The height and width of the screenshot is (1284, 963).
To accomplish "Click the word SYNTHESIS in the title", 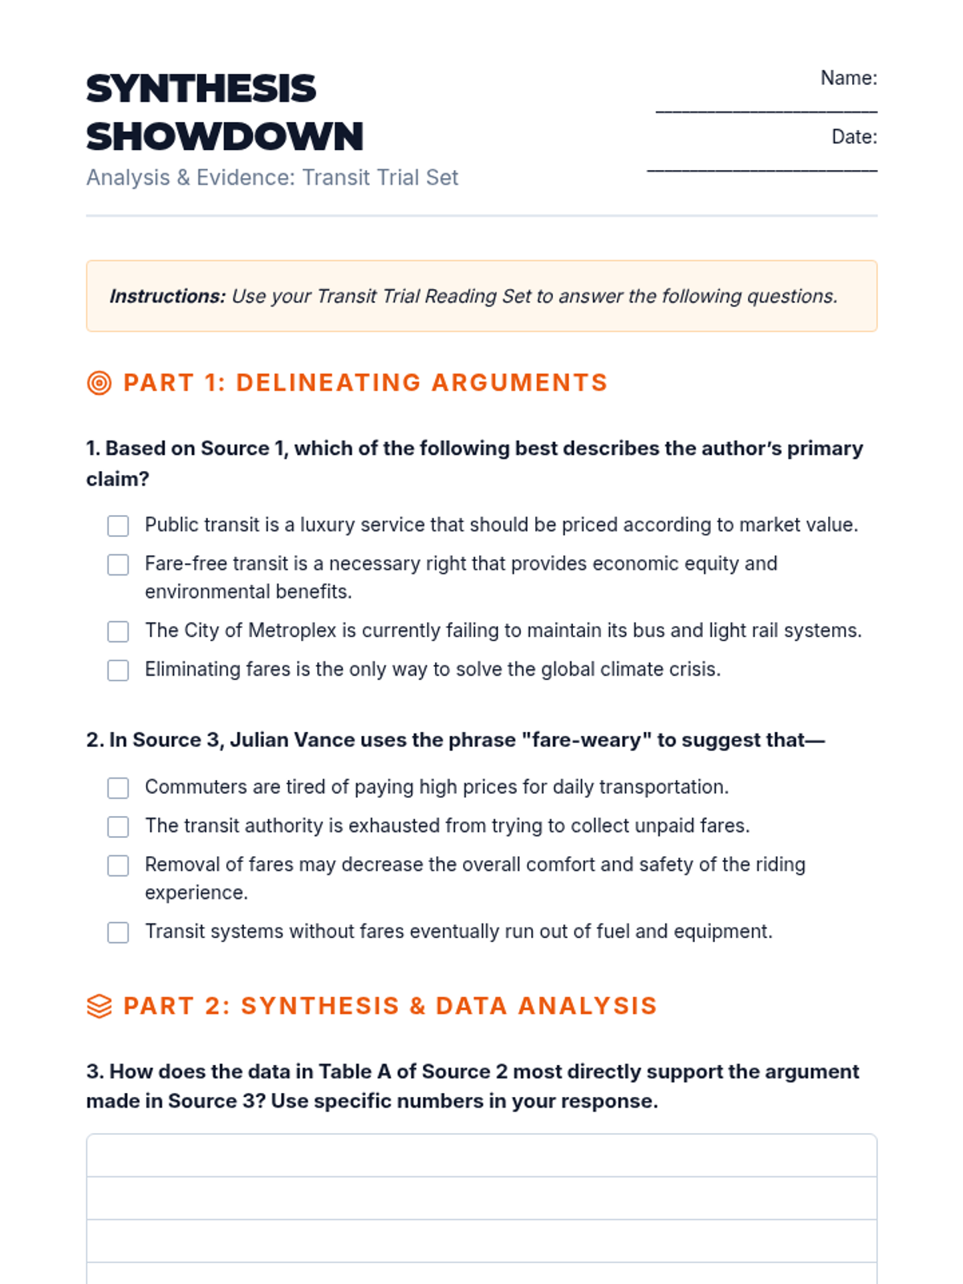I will [201, 88].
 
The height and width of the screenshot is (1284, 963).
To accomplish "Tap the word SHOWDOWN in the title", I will [225, 136].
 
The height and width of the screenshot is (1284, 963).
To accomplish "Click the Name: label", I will [848, 78].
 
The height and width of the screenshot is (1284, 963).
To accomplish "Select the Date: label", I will [854, 137].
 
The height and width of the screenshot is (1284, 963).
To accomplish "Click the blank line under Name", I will [766, 109].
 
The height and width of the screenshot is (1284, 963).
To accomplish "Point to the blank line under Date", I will [762, 169].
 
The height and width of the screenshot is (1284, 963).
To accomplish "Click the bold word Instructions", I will [167, 296].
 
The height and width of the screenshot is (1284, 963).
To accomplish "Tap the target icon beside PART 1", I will [100, 383].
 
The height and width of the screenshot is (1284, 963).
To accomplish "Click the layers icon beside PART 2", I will [100, 1006].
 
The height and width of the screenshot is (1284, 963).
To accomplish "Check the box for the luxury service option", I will [118, 526].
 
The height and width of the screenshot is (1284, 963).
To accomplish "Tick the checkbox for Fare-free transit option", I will [118, 565].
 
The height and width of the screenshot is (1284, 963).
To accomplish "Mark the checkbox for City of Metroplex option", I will [118, 632].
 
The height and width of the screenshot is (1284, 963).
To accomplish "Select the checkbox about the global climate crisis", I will [118, 670].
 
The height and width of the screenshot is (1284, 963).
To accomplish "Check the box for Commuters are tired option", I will [118, 788].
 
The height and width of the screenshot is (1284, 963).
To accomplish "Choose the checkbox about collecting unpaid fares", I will [118, 827].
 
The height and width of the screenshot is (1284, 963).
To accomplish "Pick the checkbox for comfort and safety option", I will [118, 866].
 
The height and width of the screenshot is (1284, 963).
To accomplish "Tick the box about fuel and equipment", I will [118, 933].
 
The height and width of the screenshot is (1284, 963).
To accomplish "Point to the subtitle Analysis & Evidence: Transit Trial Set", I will [272, 177].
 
